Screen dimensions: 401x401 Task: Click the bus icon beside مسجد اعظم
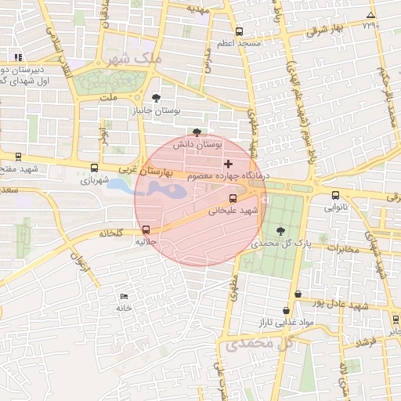click(x=239, y=32)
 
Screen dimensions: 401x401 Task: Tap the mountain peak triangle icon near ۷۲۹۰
click(x=370, y=16)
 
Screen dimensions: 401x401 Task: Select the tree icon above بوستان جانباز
click(x=157, y=98)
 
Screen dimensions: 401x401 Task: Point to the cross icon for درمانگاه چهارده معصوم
click(x=228, y=164)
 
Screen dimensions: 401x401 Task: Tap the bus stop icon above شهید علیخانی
click(x=233, y=198)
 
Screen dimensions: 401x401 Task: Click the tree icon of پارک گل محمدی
click(x=280, y=231)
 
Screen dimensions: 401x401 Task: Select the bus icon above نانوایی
click(x=336, y=195)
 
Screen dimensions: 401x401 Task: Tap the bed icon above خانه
click(x=124, y=295)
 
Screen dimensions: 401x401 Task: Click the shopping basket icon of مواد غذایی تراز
click(x=297, y=294)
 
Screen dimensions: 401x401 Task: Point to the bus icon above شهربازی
click(x=95, y=168)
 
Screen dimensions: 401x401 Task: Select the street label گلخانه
click(x=112, y=233)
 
